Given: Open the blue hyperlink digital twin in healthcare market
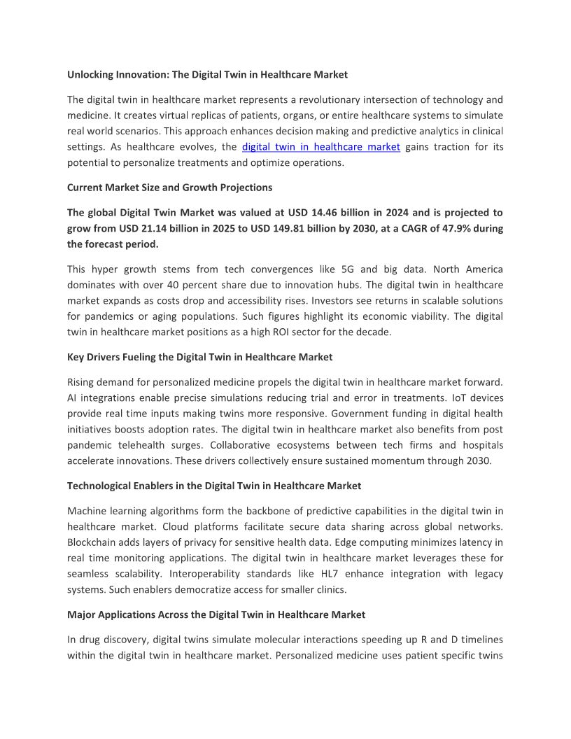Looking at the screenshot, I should (x=320, y=147).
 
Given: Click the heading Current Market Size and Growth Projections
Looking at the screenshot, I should (x=169, y=188).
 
